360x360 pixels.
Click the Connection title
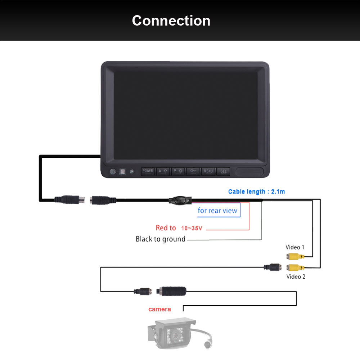pyautogui.click(x=171, y=21)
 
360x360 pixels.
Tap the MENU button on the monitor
pyautogui.click(x=208, y=171)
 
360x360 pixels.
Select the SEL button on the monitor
pyautogui.click(x=224, y=171)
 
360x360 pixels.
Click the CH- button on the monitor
pyautogui.click(x=193, y=171)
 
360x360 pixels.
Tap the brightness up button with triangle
pyautogui.click(x=163, y=171)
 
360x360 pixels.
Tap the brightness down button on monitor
pyautogui.click(x=178, y=171)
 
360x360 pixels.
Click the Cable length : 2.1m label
pyautogui.click(x=256, y=192)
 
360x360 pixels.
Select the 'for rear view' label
pyautogui.click(x=217, y=211)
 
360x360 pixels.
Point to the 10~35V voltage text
pyautogui.click(x=192, y=228)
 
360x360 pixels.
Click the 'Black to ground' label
pyautogui.click(x=161, y=239)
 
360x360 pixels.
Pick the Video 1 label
pyautogui.click(x=295, y=247)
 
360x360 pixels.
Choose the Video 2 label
pyautogui.click(x=296, y=276)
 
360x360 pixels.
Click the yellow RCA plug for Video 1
pyautogui.click(x=295, y=256)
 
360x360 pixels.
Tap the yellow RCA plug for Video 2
pyautogui.click(x=295, y=267)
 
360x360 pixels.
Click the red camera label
pyautogui.click(x=159, y=309)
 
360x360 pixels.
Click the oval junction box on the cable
pyautogui.click(x=180, y=200)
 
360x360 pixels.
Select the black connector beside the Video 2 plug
pyautogui.click(x=273, y=267)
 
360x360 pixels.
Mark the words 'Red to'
pyautogui.click(x=166, y=228)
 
